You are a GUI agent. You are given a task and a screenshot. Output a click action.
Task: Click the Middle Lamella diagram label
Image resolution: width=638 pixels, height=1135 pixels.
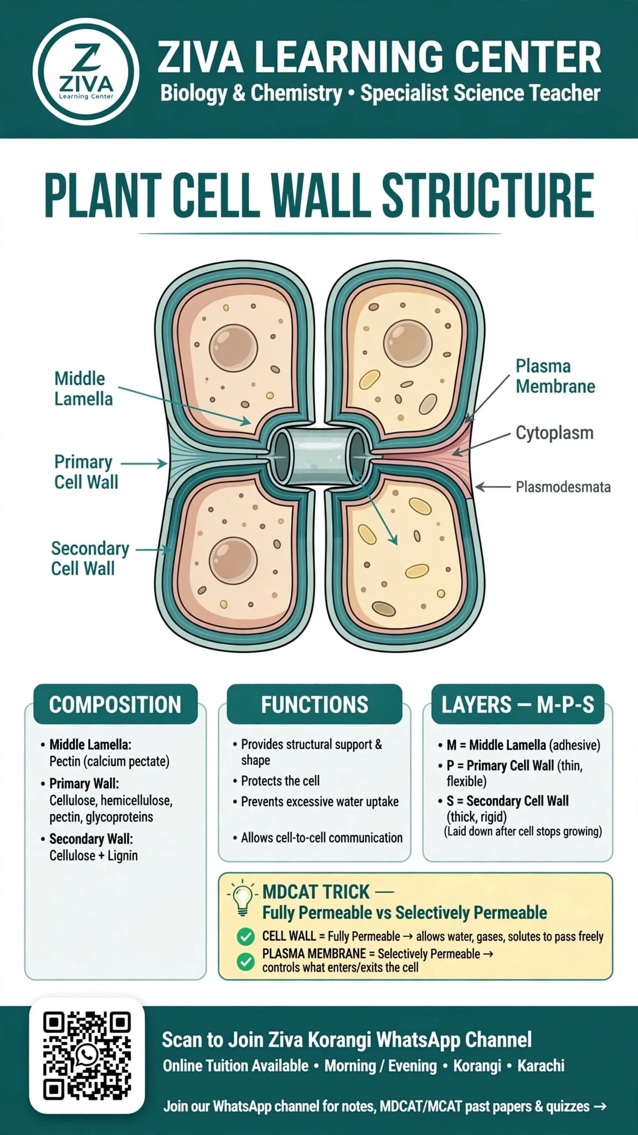tap(83, 388)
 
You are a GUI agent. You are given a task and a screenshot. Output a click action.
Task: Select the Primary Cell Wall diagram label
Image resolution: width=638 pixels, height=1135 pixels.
tap(86, 472)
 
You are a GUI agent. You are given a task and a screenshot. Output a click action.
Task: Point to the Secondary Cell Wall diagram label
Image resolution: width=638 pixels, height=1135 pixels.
tap(90, 558)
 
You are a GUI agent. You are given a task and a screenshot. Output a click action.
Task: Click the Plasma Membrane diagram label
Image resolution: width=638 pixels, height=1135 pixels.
tap(555, 376)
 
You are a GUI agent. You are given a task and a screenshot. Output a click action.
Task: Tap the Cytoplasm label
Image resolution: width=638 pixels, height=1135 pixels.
tap(554, 433)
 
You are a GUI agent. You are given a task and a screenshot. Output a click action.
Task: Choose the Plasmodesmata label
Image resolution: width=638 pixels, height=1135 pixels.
tap(563, 487)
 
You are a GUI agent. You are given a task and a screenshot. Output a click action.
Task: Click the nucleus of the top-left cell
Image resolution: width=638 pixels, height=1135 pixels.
tap(233, 349)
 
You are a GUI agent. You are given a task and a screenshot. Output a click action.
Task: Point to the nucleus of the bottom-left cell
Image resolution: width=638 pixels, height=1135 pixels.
tap(234, 561)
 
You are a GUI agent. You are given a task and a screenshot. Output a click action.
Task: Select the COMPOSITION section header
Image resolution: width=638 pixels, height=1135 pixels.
tap(115, 704)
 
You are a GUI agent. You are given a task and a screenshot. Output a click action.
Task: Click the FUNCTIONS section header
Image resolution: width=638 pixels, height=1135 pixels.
tap(315, 704)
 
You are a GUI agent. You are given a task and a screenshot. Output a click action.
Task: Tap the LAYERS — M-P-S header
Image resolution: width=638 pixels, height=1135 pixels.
tap(518, 704)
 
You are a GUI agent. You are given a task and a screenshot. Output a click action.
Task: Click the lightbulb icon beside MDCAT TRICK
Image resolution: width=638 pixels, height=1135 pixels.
tap(242, 899)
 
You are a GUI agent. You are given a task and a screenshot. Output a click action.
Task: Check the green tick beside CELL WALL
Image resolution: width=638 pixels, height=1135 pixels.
tap(245, 937)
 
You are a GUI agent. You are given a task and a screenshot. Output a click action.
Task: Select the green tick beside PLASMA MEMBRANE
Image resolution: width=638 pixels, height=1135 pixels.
tap(245, 962)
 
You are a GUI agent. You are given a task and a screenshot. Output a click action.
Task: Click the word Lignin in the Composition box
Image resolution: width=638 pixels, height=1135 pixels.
tap(122, 856)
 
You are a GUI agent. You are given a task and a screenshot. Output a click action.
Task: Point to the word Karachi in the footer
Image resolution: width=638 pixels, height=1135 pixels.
tap(541, 1066)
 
